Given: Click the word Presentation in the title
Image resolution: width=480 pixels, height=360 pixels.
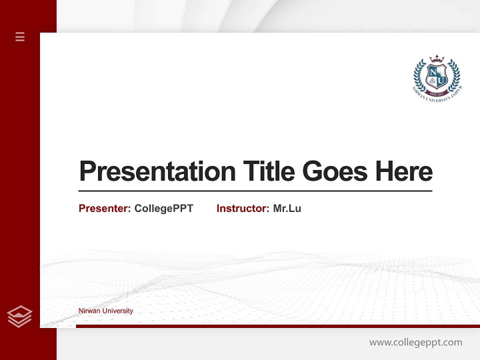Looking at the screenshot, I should click(x=157, y=171).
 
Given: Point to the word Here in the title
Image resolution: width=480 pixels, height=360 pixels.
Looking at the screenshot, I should click(x=404, y=171).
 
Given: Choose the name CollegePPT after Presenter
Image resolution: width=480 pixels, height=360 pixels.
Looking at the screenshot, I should click(x=163, y=208).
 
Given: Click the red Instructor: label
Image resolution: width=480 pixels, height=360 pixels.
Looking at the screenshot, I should click(x=243, y=208).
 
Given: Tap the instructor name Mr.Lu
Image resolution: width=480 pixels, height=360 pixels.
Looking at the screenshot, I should click(x=287, y=208).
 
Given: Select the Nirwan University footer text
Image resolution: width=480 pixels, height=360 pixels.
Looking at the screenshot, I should click(x=105, y=310).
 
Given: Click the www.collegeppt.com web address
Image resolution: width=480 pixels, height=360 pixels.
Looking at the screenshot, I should click(x=415, y=342).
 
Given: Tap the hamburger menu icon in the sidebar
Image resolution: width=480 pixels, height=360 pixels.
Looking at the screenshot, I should click(x=20, y=36).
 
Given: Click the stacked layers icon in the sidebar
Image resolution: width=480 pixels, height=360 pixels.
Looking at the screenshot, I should click(x=19, y=316).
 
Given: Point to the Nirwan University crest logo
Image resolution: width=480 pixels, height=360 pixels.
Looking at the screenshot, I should click(x=437, y=77).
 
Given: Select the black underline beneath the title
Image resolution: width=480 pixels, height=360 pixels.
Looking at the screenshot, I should click(x=255, y=190).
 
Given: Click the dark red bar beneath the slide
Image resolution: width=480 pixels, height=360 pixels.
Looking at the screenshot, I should click(x=277, y=326).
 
